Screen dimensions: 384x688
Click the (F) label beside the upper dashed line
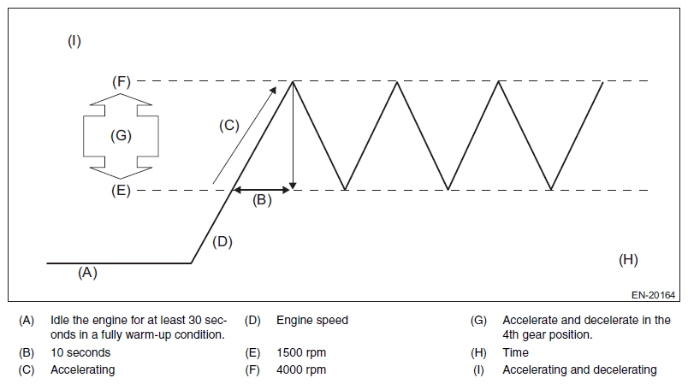coord(121,82)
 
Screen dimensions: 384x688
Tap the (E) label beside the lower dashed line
coord(121,190)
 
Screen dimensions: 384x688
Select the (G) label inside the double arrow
coord(121,136)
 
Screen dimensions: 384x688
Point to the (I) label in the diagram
coord(74,40)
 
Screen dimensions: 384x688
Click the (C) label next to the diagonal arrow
coord(228,126)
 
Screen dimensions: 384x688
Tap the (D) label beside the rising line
coord(222,242)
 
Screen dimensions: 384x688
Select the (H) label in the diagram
coord(628,259)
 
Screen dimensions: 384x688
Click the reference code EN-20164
coord(654,296)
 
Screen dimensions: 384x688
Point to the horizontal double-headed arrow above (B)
coord(263,189)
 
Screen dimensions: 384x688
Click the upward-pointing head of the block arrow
coord(121,101)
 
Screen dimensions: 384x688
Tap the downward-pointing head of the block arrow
coord(121,169)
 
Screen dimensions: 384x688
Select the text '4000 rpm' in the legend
coord(301,370)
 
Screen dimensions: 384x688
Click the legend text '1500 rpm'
coord(301,352)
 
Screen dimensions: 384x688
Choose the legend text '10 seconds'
coord(80,352)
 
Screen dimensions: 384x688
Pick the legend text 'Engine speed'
coord(312,321)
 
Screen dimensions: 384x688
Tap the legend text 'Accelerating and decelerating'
coord(579,370)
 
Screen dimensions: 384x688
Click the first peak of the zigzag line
coord(294,82)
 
